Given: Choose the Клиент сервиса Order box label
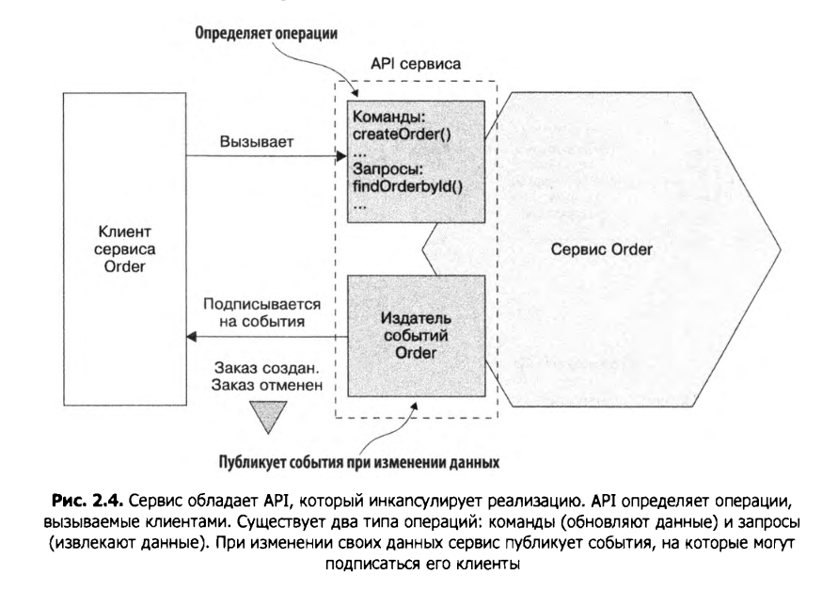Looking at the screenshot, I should (x=125, y=250).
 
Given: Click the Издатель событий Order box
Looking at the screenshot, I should (x=417, y=335).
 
